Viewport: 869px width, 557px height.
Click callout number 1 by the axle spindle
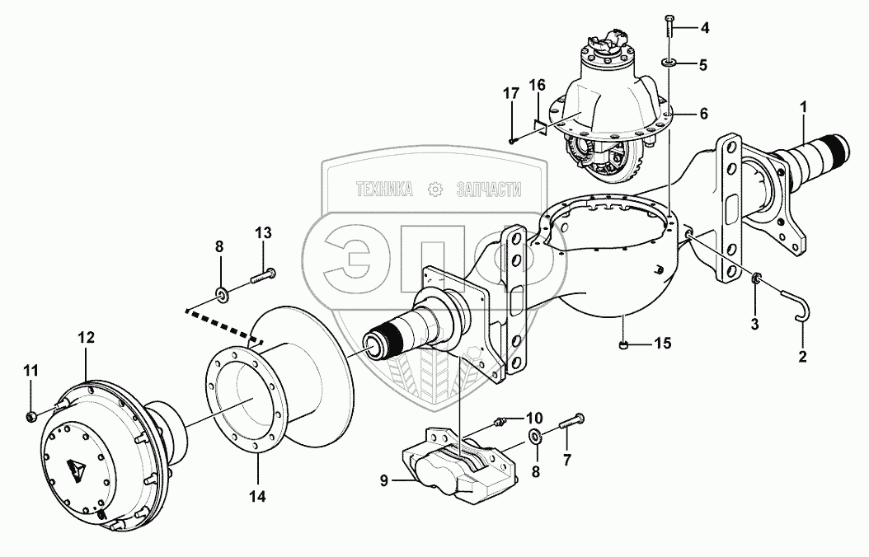(x=803, y=106)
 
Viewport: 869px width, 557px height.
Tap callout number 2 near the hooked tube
(x=802, y=358)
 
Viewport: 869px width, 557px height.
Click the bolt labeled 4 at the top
(x=668, y=26)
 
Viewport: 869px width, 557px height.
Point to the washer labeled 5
(x=668, y=63)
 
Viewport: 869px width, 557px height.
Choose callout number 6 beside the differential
(x=703, y=115)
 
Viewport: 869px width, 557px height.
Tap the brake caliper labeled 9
(x=449, y=466)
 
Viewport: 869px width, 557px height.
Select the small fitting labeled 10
(x=499, y=423)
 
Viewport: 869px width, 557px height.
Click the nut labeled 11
(x=30, y=414)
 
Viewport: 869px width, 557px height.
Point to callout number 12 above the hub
(x=87, y=338)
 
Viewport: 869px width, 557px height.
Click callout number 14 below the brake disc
(x=259, y=497)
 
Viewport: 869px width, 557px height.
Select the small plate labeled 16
(x=538, y=125)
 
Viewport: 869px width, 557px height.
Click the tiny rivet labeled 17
(x=511, y=141)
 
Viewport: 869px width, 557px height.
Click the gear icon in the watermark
(x=434, y=190)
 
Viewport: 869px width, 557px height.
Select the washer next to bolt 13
(x=221, y=293)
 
